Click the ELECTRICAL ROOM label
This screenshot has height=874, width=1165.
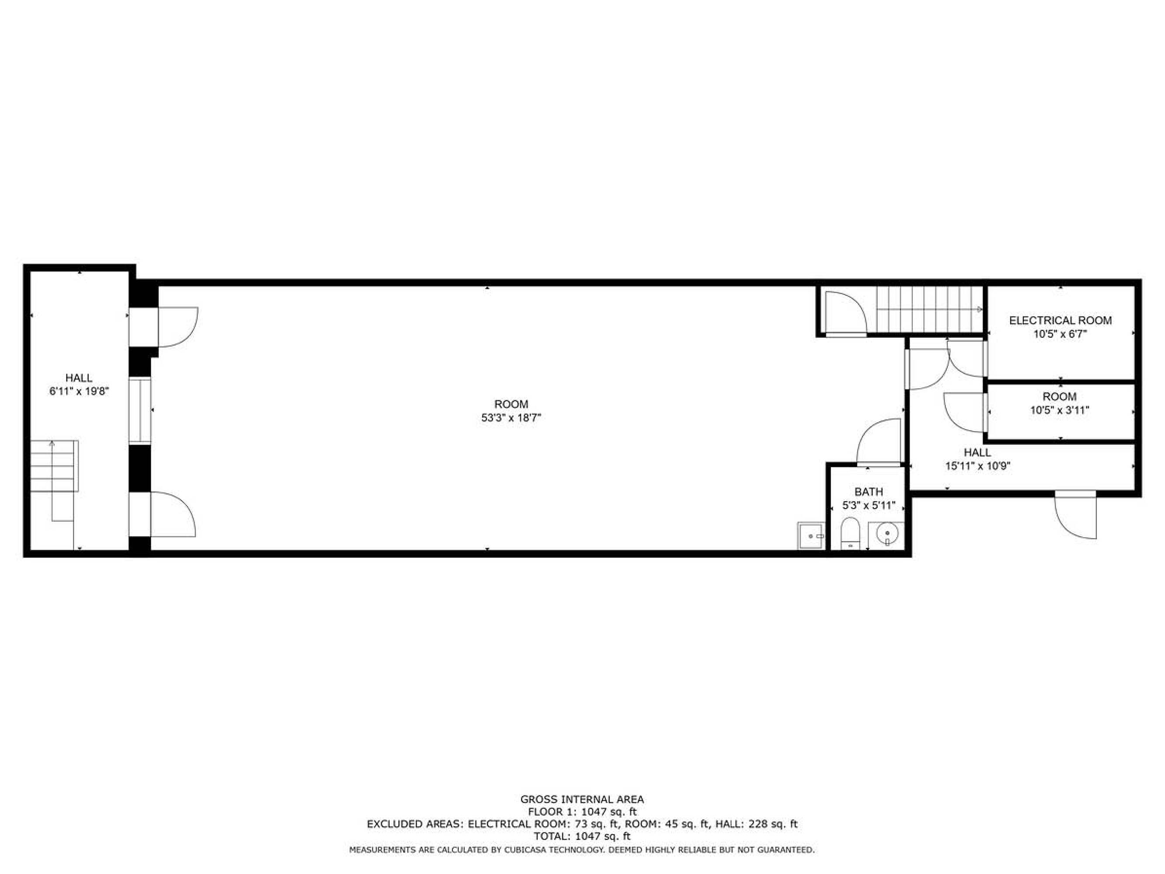coord(1060,320)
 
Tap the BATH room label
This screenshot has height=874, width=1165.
coord(869,492)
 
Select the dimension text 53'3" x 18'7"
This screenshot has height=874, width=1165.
coord(511,418)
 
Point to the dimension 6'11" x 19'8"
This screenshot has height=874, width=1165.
coord(79,392)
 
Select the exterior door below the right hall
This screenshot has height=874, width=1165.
coord(1075,515)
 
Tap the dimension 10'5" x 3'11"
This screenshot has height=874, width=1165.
coord(1060,410)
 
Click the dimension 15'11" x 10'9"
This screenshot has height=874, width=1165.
coord(977,466)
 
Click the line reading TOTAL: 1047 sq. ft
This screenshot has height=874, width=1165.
coord(582,836)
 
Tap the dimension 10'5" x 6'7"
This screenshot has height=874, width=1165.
coord(1060,333)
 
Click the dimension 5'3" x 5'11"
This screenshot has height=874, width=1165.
coord(869,506)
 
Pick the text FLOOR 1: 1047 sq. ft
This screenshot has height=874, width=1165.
coord(582,812)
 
